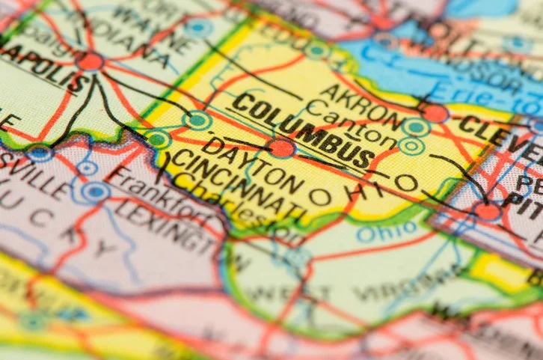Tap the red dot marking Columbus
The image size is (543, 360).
(282, 147)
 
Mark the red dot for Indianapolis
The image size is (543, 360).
(90, 61)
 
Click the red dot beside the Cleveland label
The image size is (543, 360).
(435, 113)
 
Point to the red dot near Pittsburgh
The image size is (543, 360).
(488, 212)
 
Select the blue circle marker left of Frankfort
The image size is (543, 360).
(96, 192)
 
